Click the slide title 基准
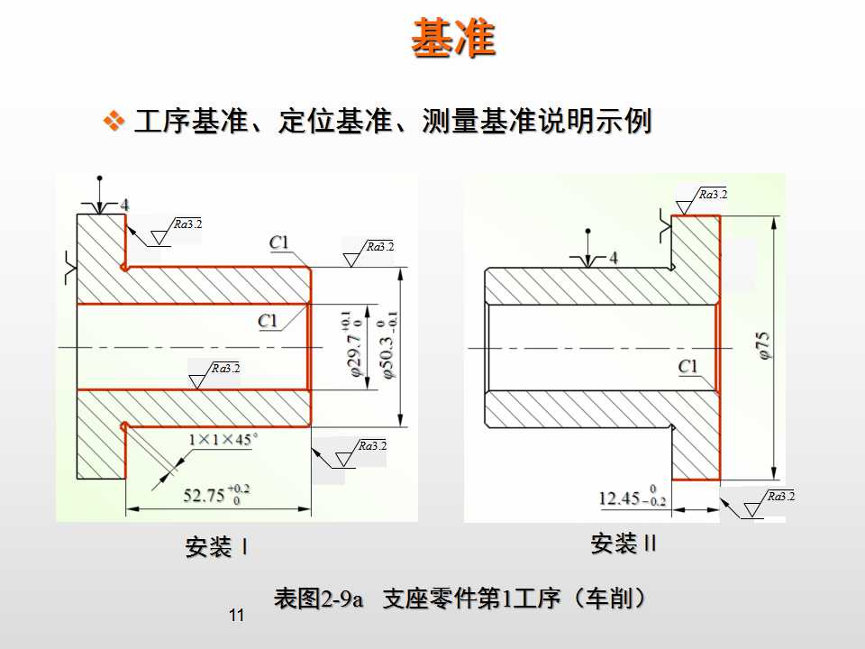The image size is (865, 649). pos(453,39)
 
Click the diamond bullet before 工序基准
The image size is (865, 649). pos(114,121)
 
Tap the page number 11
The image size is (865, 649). pos(237,616)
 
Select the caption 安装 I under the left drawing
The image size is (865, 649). pos(216,546)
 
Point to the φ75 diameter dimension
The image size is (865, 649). pos(764,346)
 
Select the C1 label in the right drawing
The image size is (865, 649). pos(688,367)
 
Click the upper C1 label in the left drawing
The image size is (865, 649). pos(278,242)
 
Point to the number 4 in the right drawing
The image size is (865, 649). pos(614,258)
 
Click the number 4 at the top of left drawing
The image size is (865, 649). pos(124,206)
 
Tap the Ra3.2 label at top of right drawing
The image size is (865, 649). pos(713,194)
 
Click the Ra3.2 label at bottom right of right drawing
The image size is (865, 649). pos(781,497)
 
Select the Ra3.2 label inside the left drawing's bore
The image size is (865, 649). pos(225,369)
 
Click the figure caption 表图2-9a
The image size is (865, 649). pos(318,598)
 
